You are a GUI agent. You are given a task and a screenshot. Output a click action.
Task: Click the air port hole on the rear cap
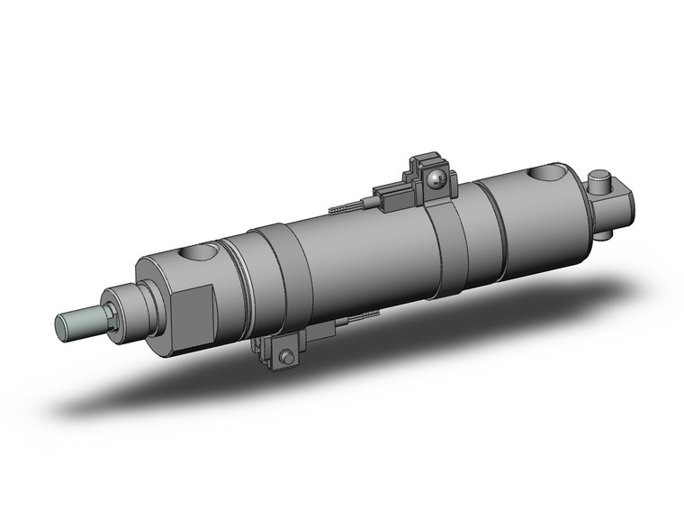pos(550,174)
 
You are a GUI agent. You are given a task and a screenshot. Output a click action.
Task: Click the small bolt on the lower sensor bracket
pos(287,358)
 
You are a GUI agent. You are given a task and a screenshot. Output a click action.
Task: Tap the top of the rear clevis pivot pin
pos(601,177)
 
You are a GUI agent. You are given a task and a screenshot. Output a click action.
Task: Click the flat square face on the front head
pos(192,311)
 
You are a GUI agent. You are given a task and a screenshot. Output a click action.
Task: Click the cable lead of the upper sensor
pos(346,209)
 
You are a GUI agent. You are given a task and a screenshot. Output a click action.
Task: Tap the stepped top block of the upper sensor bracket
pos(422,166)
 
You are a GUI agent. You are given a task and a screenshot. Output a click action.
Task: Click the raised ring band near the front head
pos(270,279)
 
